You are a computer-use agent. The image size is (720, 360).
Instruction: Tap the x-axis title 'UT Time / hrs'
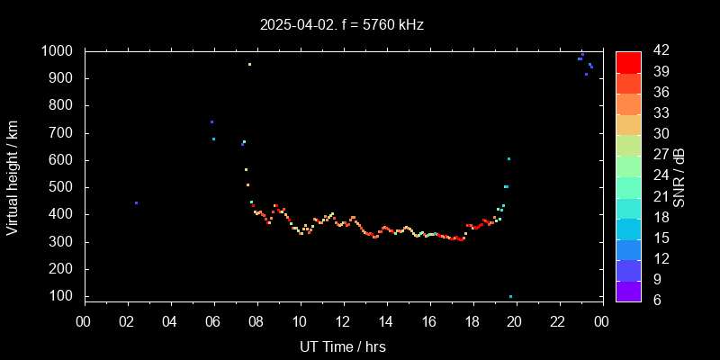(343, 346)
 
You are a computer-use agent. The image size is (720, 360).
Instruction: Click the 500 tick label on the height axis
(64, 187)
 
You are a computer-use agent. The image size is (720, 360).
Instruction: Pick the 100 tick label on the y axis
(64, 296)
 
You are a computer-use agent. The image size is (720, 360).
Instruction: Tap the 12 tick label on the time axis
(343, 320)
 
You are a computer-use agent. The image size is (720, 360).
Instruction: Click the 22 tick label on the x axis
(558, 320)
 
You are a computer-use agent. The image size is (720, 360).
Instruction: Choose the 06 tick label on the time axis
(213, 320)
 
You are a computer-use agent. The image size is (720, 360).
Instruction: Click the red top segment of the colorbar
(628, 62)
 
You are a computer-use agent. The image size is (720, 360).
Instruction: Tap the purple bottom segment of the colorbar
(628, 290)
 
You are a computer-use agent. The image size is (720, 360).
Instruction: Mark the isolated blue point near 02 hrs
(136, 203)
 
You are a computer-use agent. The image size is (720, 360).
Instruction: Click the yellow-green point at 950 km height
(249, 65)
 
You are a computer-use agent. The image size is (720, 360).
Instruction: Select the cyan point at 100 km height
(510, 296)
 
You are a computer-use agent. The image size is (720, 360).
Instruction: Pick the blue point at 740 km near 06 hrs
(211, 121)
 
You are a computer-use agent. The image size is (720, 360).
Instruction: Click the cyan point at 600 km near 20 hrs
(508, 159)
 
